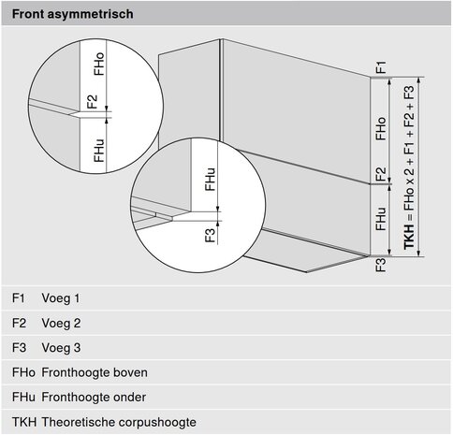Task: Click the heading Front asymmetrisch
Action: coord(73,14)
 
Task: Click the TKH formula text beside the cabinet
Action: coord(409,167)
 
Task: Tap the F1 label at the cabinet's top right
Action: coord(381,67)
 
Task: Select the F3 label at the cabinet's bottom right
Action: coord(381,265)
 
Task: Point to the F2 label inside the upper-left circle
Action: coord(93,102)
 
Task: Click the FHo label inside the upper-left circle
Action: coord(99,64)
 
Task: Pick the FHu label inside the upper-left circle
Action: coord(99,151)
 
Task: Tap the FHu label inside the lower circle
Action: coord(210,180)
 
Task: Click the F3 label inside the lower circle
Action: coord(210,236)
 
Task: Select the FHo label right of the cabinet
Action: coord(381,129)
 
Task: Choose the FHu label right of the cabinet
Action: coord(381,219)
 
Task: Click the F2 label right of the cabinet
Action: coord(381,175)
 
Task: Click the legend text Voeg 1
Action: coord(61,298)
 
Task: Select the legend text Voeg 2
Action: coord(61,323)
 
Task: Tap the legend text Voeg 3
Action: coord(61,348)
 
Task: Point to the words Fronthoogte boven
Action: coord(95,372)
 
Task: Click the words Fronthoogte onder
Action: coord(94,398)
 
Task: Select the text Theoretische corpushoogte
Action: coord(119,422)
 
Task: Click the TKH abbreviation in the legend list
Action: coord(24,422)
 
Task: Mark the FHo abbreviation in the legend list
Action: coord(23,372)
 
